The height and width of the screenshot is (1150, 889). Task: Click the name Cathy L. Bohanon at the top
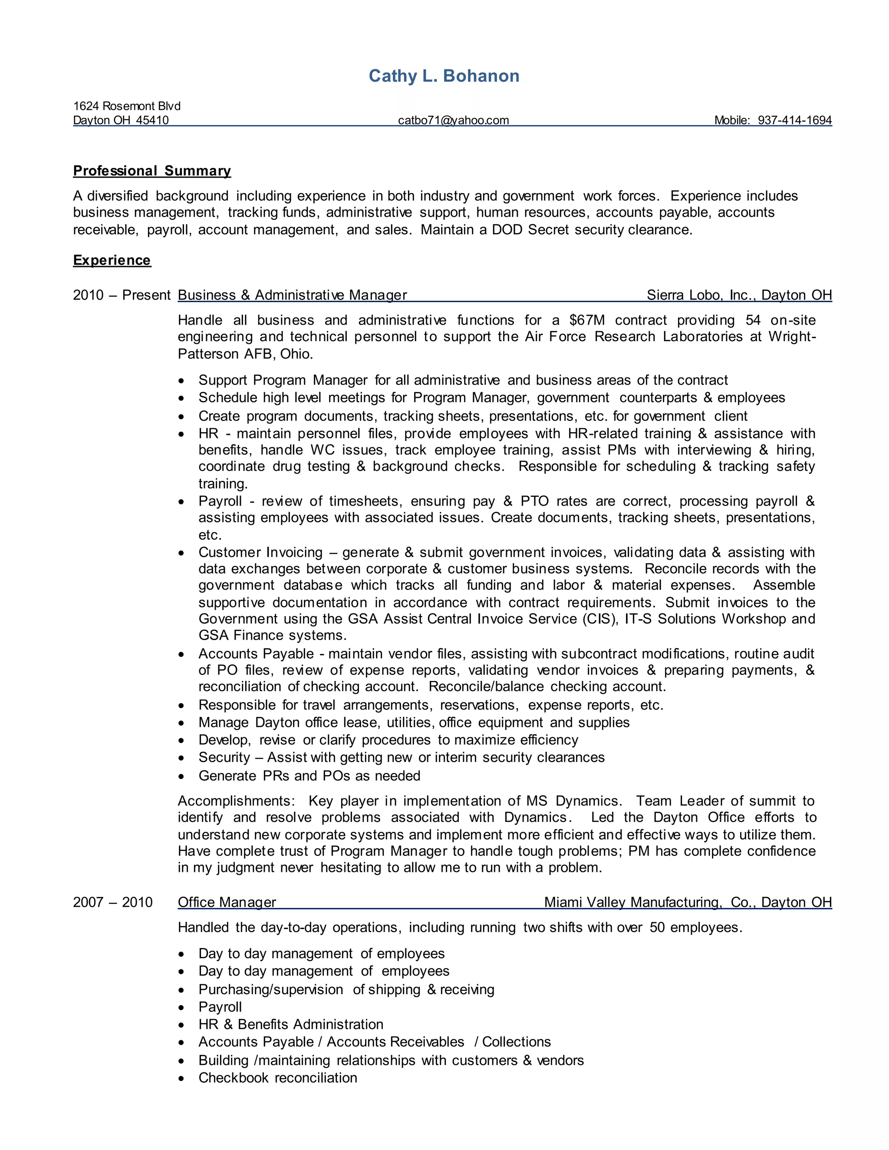pyautogui.click(x=444, y=76)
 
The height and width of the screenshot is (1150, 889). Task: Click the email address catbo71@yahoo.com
pyautogui.click(x=454, y=120)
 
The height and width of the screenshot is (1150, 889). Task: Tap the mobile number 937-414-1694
pyautogui.click(x=794, y=120)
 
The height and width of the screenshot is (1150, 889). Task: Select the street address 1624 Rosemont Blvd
pyautogui.click(x=126, y=106)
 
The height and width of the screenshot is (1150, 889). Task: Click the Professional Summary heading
pyautogui.click(x=151, y=171)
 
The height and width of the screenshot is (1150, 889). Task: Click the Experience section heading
pyautogui.click(x=112, y=260)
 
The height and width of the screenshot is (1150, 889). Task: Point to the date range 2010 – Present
pyautogui.click(x=122, y=295)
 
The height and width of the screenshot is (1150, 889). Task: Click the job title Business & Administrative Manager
pyautogui.click(x=292, y=295)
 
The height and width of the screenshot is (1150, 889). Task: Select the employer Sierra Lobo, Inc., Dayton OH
pyautogui.click(x=739, y=295)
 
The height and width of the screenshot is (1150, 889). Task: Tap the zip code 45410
pyautogui.click(x=152, y=120)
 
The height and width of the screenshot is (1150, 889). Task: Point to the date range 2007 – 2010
pyautogui.click(x=113, y=902)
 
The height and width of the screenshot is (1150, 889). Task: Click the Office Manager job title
pyautogui.click(x=227, y=902)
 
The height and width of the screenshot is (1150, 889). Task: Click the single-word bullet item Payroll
pyautogui.click(x=220, y=1007)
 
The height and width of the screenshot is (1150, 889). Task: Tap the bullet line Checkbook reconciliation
pyautogui.click(x=277, y=1078)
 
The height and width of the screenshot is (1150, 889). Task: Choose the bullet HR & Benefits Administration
pyautogui.click(x=291, y=1024)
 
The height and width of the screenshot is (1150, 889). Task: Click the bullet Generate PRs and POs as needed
pyautogui.click(x=309, y=775)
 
